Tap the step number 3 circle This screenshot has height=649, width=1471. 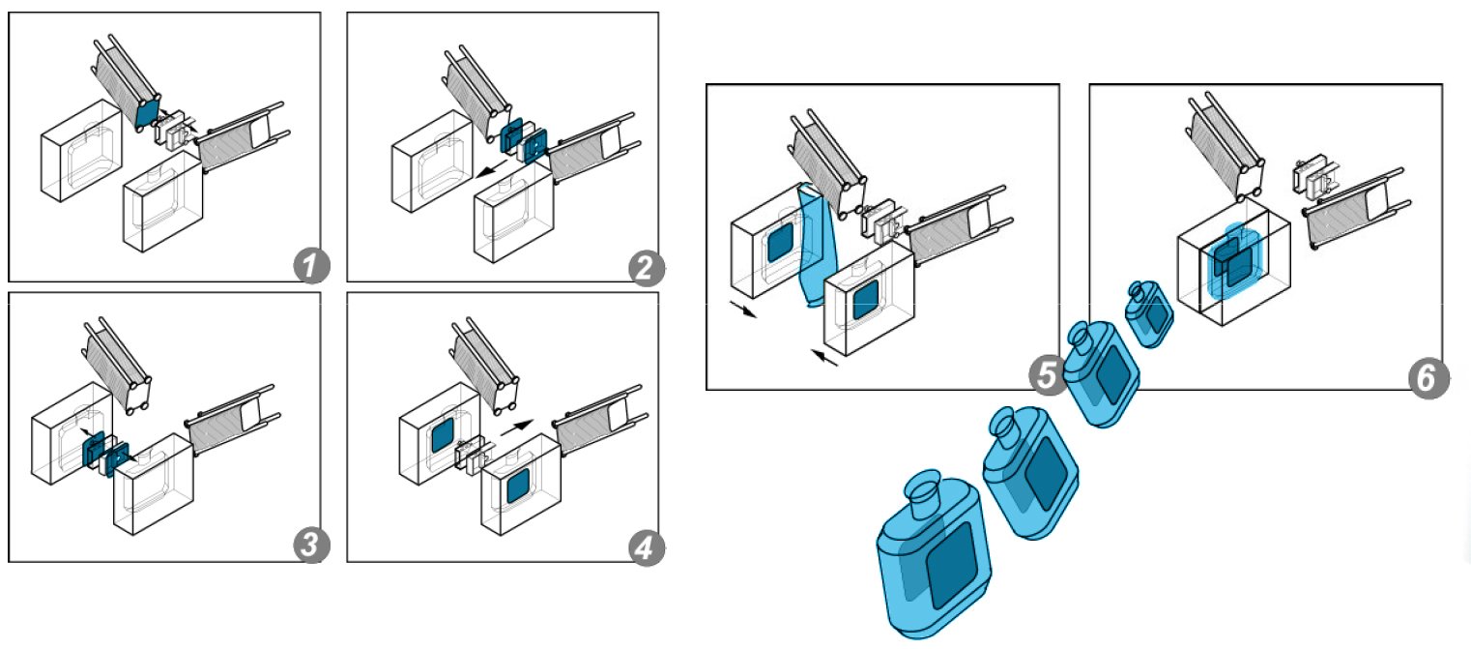[308, 546]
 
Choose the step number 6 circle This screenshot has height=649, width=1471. [1426, 377]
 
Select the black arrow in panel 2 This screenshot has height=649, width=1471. [490, 171]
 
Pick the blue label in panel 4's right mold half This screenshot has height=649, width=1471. [516, 484]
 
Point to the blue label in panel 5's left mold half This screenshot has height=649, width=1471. [778, 246]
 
